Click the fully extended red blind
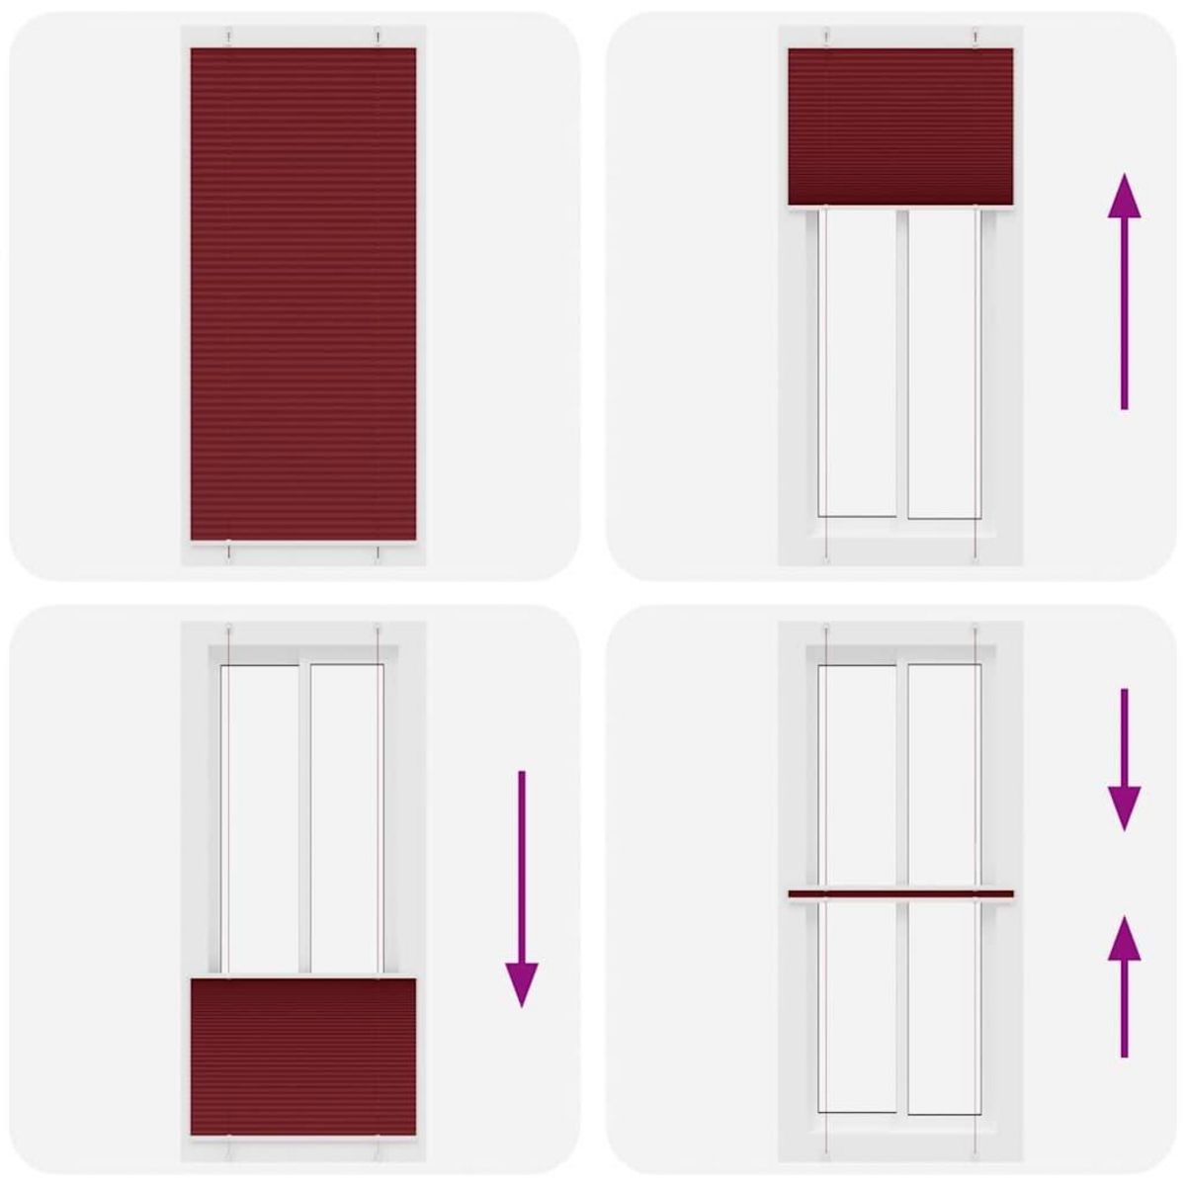click(302, 294)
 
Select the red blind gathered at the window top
click(900, 125)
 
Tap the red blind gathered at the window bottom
click(302, 1055)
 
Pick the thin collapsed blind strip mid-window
click(900, 895)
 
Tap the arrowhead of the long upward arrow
click(1124, 197)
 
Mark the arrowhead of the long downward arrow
click(522, 982)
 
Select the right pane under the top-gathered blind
click(943, 362)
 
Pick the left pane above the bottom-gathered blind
click(261, 818)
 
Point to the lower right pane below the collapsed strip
click(943, 1008)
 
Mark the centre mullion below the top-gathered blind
click(901, 362)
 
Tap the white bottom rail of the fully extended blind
click(302, 545)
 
